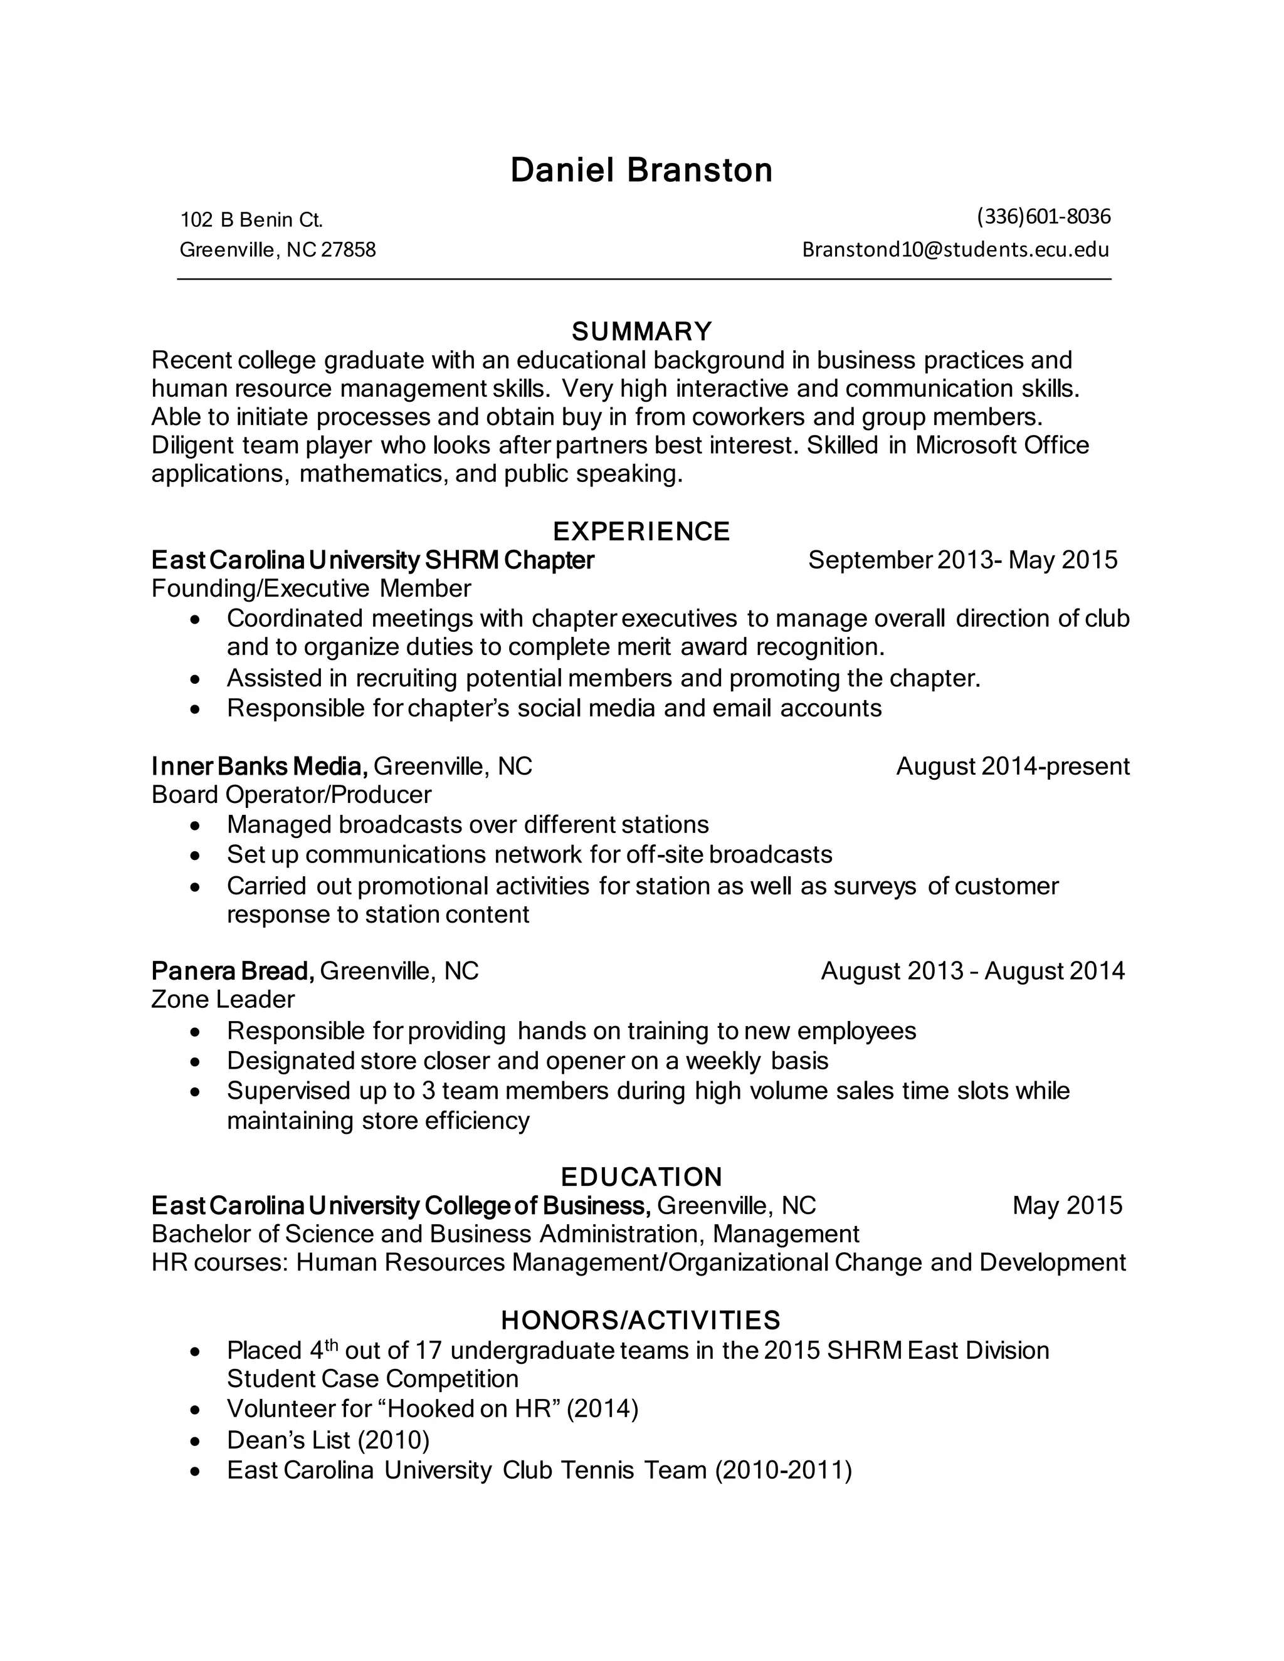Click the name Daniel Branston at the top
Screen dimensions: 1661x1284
(641, 170)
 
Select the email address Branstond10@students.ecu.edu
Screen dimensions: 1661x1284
(955, 249)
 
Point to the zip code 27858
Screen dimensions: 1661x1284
(349, 249)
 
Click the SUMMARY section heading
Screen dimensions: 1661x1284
(641, 332)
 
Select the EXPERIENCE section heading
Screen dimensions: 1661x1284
(641, 531)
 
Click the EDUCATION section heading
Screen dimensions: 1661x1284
(641, 1176)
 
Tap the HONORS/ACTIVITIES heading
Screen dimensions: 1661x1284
(641, 1319)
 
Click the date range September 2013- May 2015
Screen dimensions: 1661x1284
(962, 560)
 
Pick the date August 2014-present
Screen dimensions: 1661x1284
(1013, 766)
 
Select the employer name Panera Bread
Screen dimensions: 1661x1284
(232, 970)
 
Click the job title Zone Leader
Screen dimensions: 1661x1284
(223, 999)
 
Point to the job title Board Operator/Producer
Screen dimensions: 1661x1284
(292, 795)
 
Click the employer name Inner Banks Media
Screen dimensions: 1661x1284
(260, 766)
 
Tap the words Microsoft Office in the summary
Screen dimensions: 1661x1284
(1002, 445)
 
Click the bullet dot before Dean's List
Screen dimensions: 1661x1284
(196, 1441)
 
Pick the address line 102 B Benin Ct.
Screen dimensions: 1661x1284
(251, 220)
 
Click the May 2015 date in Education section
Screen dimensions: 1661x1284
(1066, 1205)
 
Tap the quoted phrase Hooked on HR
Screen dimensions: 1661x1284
(470, 1408)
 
